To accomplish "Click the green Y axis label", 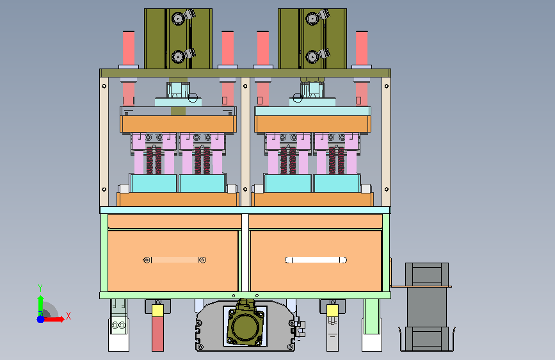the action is pyautogui.click(x=40, y=288).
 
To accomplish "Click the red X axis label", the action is pyautogui.click(x=68, y=316).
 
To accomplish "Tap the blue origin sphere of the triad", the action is pyautogui.click(x=41, y=319).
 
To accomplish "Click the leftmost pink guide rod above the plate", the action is pyautogui.click(x=129, y=48).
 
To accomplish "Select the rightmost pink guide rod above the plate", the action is pyautogui.click(x=362, y=48).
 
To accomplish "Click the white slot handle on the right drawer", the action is pyautogui.click(x=316, y=260).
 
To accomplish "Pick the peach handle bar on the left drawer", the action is pyautogui.click(x=175, y=260).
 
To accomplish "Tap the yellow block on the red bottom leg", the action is pyautogui.click(x=157, y=311).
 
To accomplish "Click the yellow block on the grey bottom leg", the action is pyautogui.click(x=332, y=311).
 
